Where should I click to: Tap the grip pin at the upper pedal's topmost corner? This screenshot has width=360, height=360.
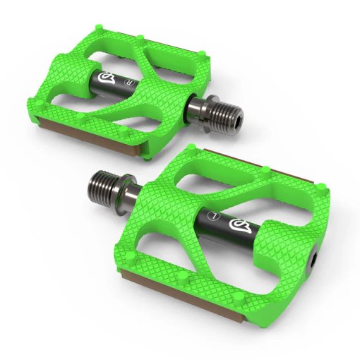click(x=104, y=28)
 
